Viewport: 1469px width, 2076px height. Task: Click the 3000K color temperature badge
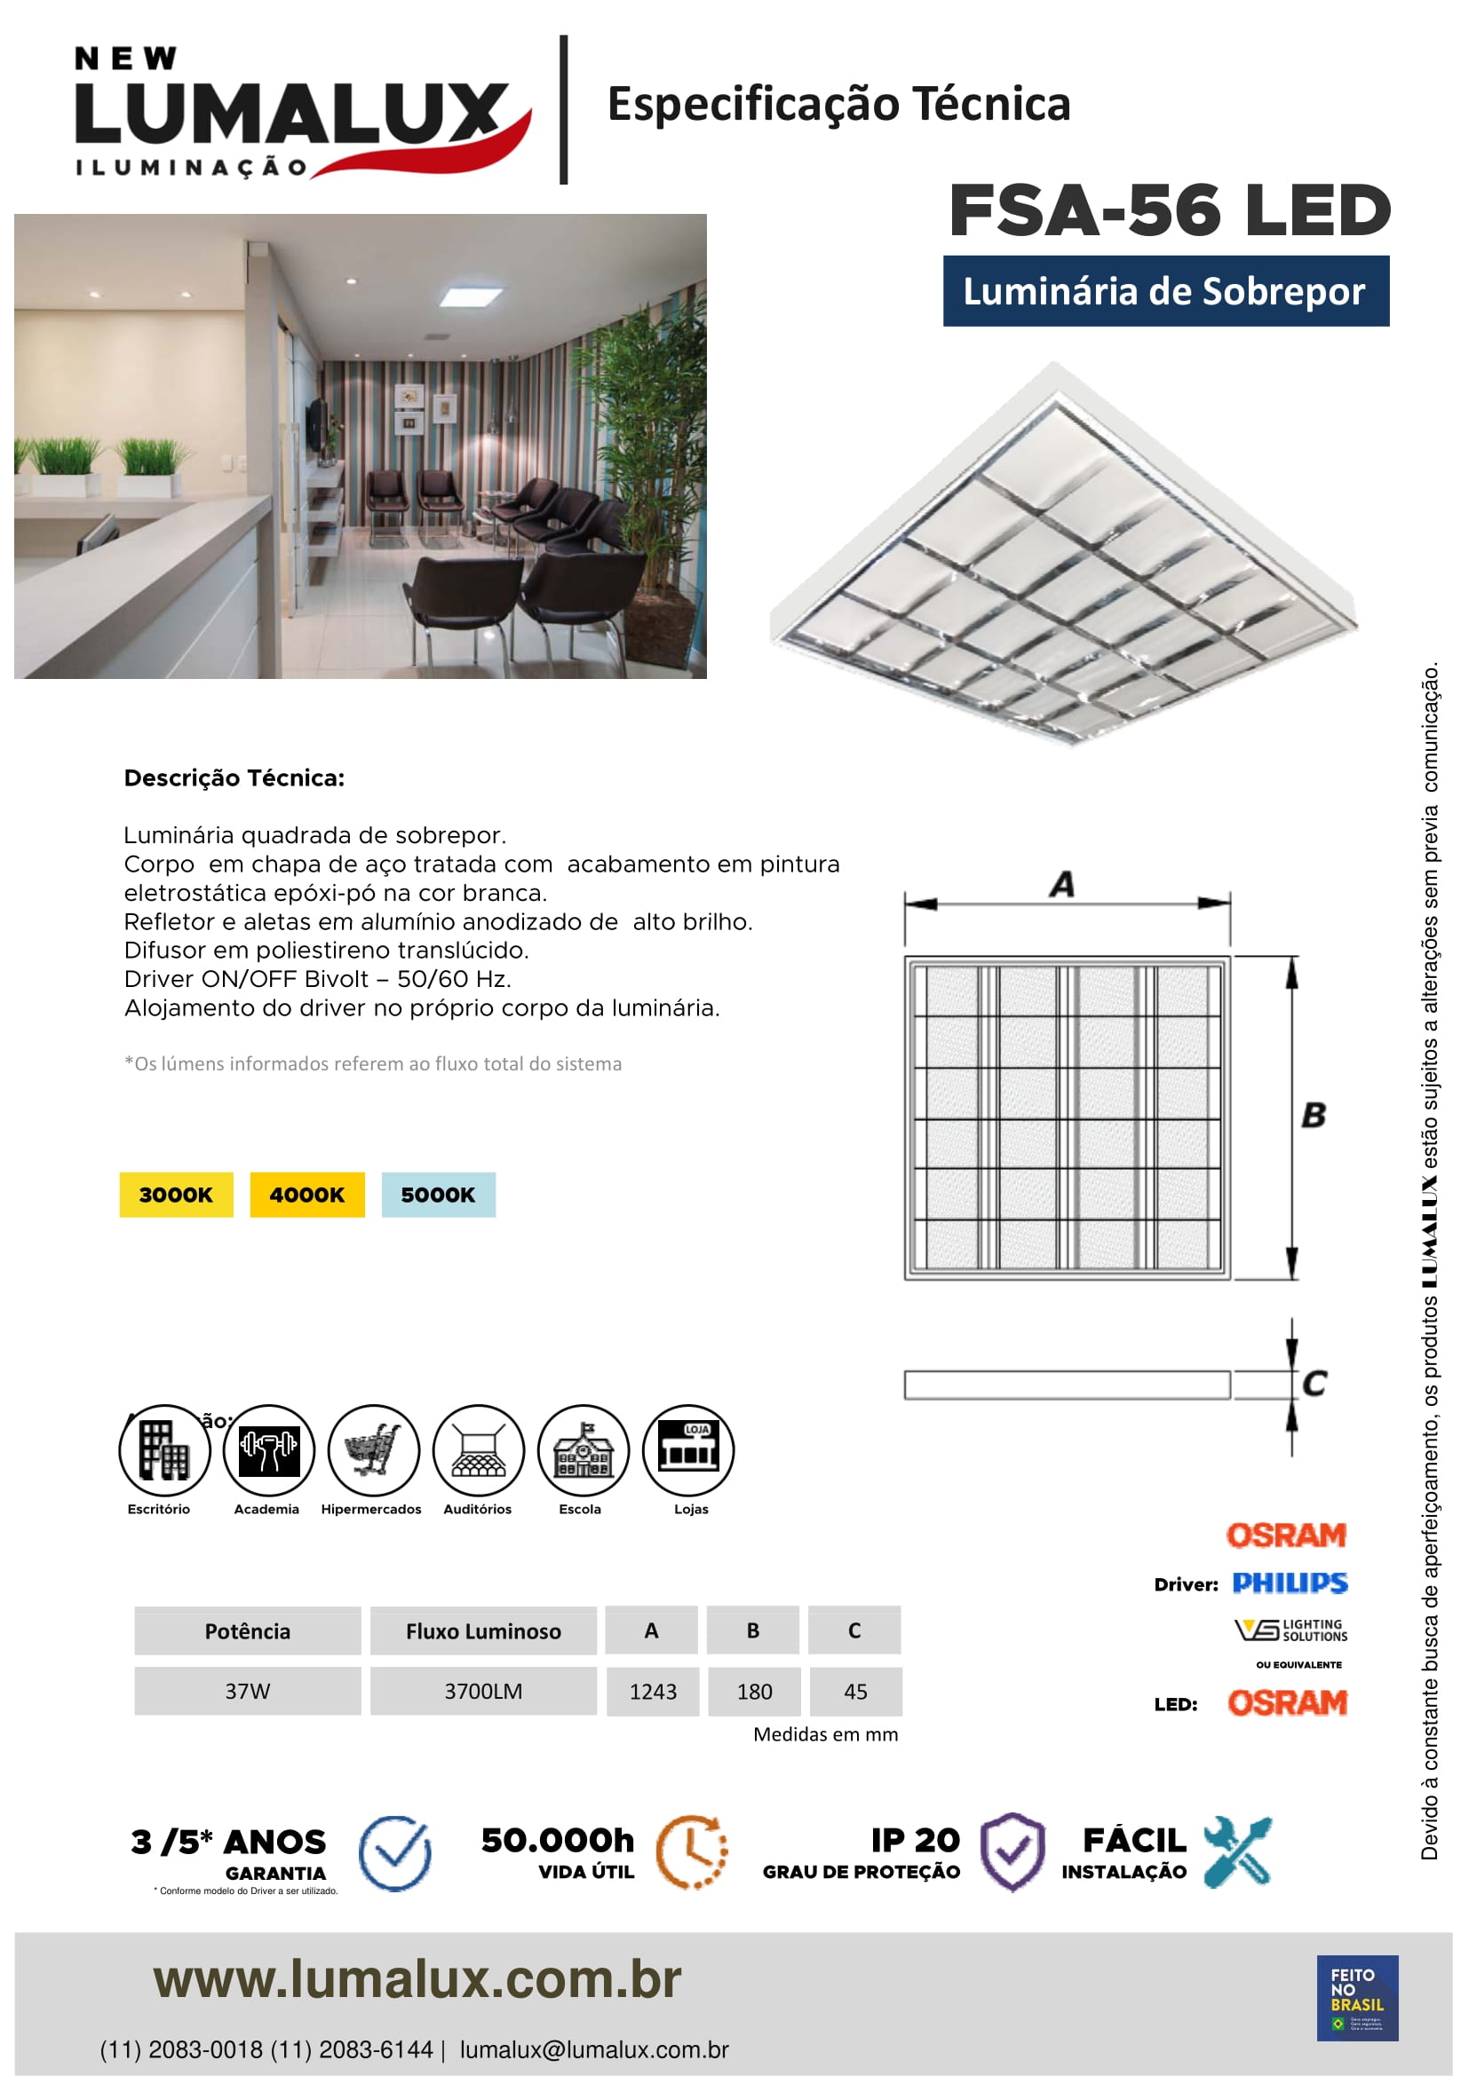[176, 1195]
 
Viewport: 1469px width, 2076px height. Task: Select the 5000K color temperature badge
[438, 1195]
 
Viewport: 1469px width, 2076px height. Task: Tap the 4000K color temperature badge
[306, 1195]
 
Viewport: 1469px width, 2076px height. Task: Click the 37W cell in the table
[247, 1691]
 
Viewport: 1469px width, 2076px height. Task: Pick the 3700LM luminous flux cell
[483, 1691]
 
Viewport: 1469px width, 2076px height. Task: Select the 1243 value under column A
[652, 1691]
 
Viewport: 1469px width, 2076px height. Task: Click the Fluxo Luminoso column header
[483, 1631]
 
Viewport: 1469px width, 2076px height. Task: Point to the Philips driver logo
[1289, 1583]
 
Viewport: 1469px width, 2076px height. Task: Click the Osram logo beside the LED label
[1287, 1702]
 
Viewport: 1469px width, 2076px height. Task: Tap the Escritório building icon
[163, 1449]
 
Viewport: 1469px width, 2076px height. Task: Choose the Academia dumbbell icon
[268, 1449]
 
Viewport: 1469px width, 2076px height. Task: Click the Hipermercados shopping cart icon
[374, 1449]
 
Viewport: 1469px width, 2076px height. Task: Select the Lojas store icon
[687, 1449]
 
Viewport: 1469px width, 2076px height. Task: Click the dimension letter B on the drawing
[1314, 1115]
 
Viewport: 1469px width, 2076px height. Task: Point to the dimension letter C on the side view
[1314, 1384]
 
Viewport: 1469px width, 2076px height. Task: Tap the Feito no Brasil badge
[1357, 1997]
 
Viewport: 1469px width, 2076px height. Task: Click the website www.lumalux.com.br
[417, 1979]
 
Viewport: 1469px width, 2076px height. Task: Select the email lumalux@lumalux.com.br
[593, 2049]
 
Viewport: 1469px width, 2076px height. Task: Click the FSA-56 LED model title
[1169, 209]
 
